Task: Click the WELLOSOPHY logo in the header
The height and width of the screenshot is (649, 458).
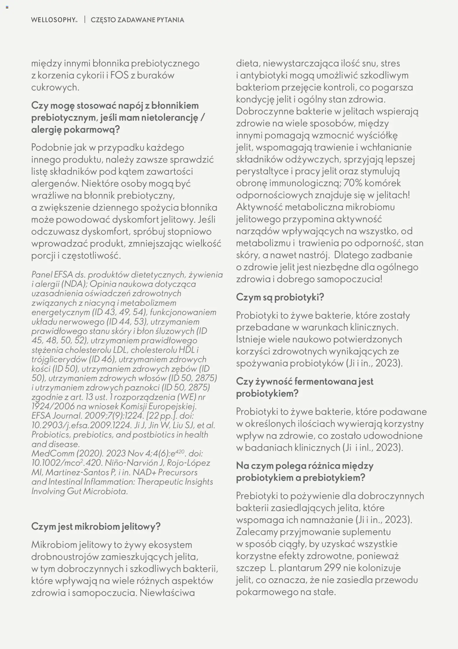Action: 54,20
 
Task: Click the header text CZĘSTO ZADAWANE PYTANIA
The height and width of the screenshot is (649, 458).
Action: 137,20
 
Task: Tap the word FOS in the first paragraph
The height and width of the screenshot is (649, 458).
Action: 119,75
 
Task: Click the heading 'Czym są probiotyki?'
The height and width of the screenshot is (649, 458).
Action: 280,297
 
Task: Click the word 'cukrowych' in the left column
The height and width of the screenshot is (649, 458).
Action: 55,87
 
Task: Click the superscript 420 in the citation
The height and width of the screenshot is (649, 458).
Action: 180,451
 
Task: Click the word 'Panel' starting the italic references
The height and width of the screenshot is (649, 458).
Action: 41,274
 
